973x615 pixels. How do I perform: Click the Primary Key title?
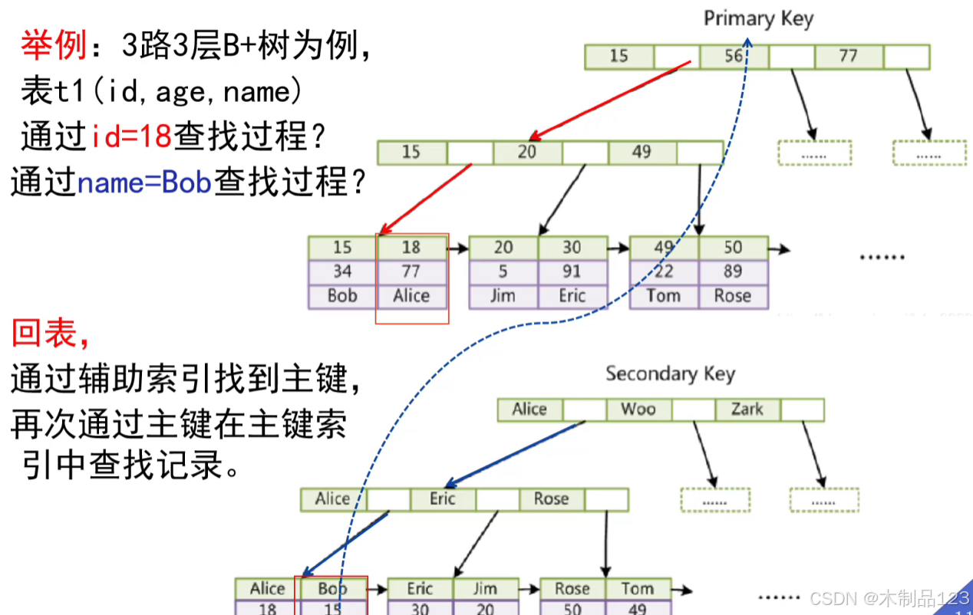(758, 18)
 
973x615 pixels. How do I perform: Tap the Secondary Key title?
(670, 374)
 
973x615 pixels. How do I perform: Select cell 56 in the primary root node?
(734, 56)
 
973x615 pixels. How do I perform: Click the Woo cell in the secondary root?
(638, 409)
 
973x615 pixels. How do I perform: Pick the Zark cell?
(747, 409)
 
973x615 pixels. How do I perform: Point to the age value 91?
(572, 272)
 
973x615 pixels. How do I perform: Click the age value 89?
(733, 272)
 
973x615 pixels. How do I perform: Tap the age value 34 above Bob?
(342, 272)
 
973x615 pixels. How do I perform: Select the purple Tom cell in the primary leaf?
(664, 296)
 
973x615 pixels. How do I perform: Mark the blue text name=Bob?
(144, 184)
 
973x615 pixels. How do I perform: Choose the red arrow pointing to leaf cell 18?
(426, 197)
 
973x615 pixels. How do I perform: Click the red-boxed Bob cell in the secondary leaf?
(332, 589)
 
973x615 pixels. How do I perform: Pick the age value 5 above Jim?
(503, 272)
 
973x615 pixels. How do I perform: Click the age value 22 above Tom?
(664, 272)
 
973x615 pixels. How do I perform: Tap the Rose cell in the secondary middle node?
(551, 499)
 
